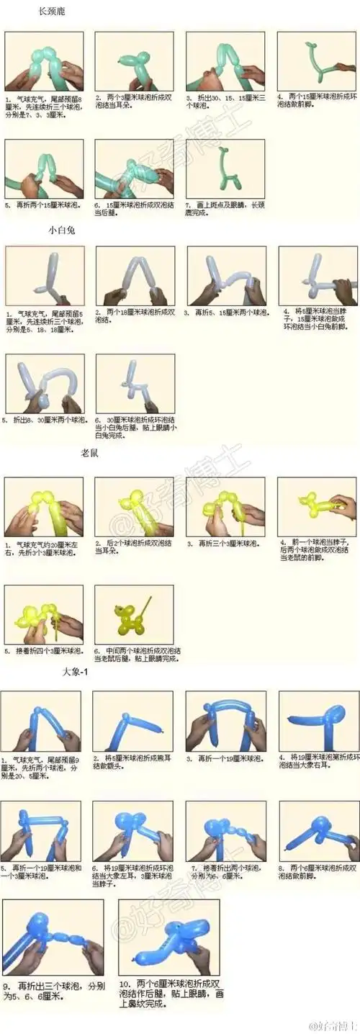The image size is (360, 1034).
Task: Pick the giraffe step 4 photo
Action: (x=317, y=60)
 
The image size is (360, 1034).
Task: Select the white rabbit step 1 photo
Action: (x=45, y=277)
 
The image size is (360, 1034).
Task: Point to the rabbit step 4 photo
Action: (x=317, y=277)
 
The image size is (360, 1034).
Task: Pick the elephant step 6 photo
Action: (x=132, y=831)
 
